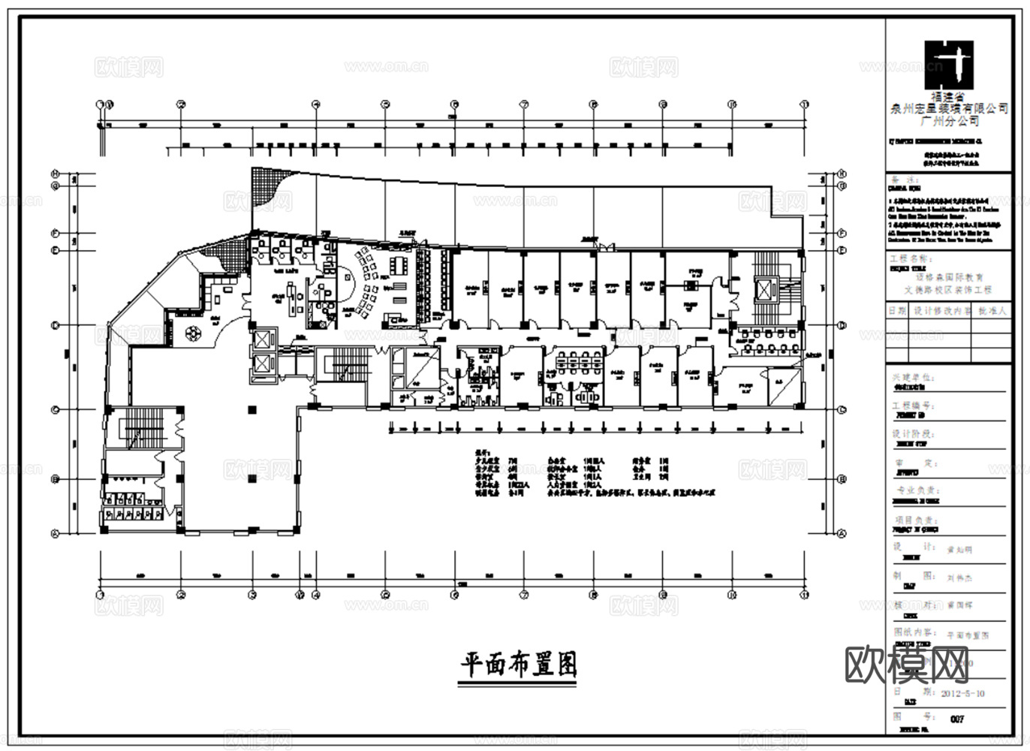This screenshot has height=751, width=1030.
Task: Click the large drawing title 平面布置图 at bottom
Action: pyautogui.click(x=518, y=664)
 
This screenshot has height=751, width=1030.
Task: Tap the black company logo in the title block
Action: pyautogui.click(x=949, y=65)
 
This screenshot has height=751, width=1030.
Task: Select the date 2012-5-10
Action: pyautogui.click(x=962, y=693)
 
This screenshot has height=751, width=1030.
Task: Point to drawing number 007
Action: pyautogui.click(x=957, y=719)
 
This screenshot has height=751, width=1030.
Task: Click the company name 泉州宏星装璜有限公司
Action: pyautogui.click(x=949, y=109)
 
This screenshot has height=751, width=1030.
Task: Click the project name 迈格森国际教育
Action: pyautogui.click(x=949, y=278)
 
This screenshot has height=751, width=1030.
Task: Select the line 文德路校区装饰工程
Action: pyautogui.click(x=949, y=290)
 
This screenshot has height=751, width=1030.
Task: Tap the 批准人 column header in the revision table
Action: pyautogui.click(x=992, y=310)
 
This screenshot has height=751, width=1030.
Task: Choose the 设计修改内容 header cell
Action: pyautogui.click(x=941, y=310)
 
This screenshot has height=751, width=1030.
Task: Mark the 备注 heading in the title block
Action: pyautogui.click(x=904, y=181)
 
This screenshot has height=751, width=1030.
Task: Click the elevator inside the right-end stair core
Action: pyautogui.click(x=765, y=289)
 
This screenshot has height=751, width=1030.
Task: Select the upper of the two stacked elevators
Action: pyautogui.click(x=264, y=339)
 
